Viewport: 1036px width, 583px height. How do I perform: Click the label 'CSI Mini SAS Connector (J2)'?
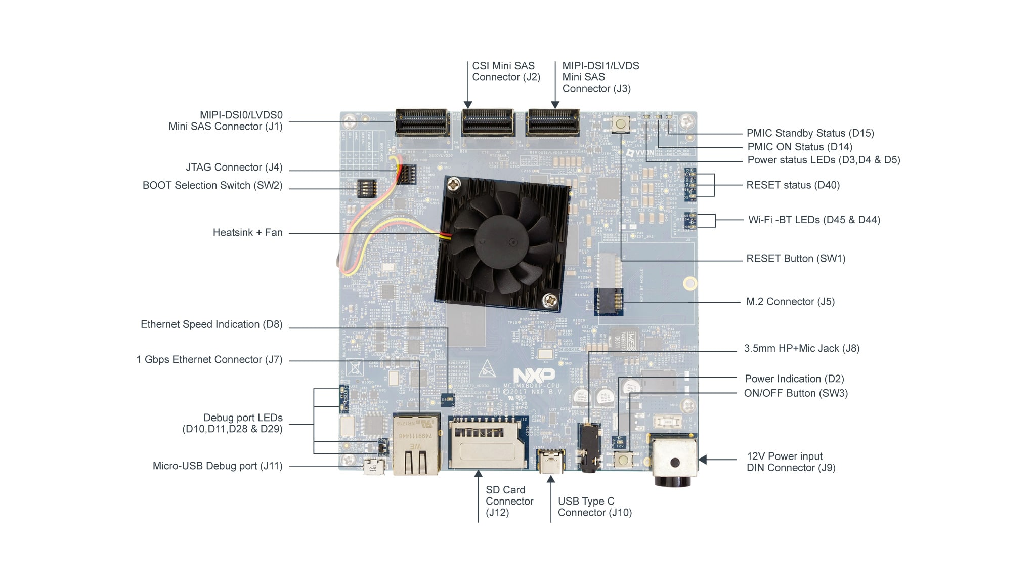pos(506,72)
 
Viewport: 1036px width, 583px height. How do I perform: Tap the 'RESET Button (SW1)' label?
pos(796,259)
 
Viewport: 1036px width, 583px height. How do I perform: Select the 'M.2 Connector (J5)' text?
pos(790,302)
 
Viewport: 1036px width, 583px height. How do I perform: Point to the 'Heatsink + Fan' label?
pos(247,233)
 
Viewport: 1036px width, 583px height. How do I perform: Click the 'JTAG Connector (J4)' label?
pos(234,168)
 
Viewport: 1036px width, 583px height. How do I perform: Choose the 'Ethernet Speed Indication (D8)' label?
pos(211,324)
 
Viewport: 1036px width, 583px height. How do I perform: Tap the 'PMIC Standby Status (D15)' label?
pos(810,133)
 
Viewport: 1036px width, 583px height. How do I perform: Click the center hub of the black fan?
pos(498,238)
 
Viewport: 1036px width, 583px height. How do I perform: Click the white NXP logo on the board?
pos(534,375)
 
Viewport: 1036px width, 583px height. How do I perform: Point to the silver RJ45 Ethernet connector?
pos(416,445)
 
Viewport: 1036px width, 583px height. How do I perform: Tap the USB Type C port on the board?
pos(551,461)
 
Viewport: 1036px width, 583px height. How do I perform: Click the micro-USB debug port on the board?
pos(375,466)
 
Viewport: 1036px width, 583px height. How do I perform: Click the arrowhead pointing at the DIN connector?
pos(703,460)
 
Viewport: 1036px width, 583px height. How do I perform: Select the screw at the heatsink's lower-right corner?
pos(550,301)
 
